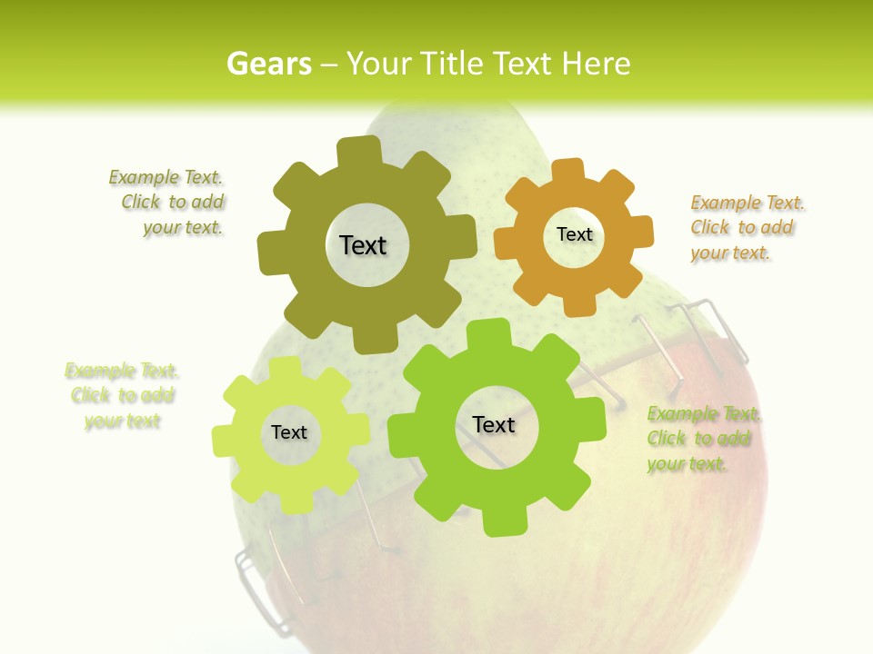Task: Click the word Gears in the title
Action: (x=268, y=64)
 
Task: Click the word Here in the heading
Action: (x=596, y=64)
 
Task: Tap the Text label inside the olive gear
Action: (x=363, y=245)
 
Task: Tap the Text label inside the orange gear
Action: (x=574, y=234)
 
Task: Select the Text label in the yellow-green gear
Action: (x=289, y=432)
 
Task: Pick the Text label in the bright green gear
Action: (x=494, y=424)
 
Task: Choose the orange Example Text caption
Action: (x=746, y=227)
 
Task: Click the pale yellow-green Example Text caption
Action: (x=122, y=395)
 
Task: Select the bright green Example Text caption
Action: (x=702, y=439)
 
